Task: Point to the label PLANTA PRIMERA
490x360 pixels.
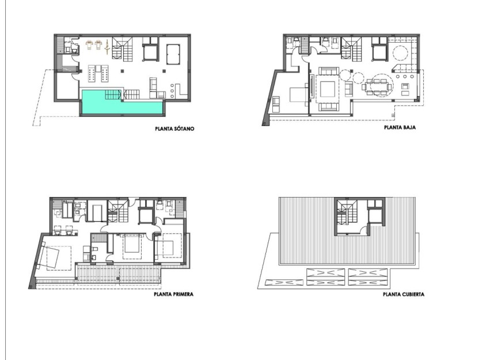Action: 173,294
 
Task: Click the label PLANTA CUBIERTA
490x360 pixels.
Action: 404,294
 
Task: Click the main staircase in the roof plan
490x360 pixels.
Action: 346,213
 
